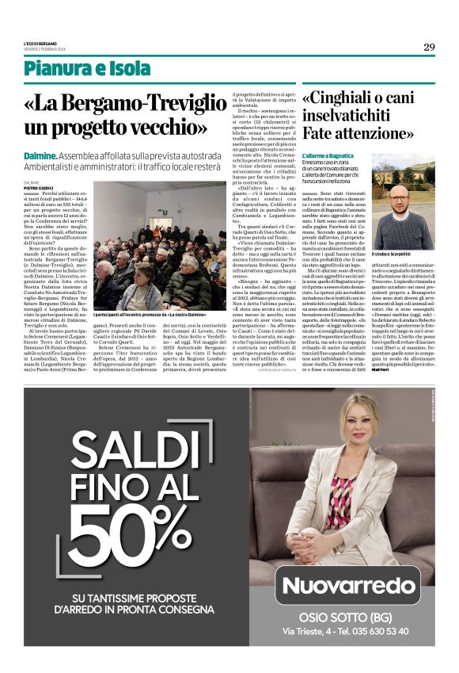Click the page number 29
[429, 47]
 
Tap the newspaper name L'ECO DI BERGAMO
[42, 42]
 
